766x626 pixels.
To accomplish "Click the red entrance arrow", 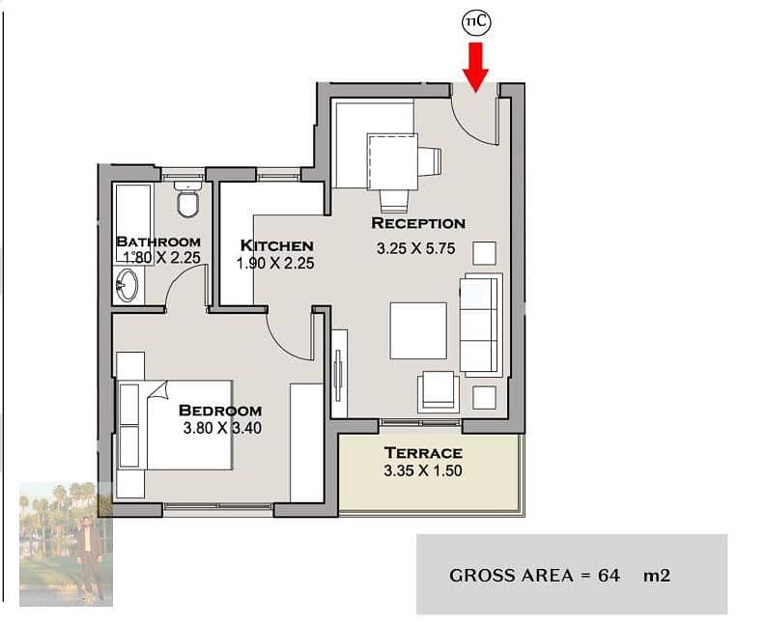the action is pyautogui.click(x=475, y=67).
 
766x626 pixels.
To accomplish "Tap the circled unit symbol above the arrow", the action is pyautogui.click(x=477, y=22).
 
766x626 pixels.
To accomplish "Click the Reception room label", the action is pyautogui.click(x=418, y=223).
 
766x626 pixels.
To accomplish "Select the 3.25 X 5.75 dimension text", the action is pyautogui.click(x=415, y=248).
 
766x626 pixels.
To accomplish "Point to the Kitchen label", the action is pyautogui.click(x=276, y=245).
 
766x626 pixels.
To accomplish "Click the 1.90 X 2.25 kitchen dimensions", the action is pyautogui.click(x=275, y=264).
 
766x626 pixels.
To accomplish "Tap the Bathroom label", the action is pyautogui.click(x=158, y=242).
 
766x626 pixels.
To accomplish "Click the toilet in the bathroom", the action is pyautogui.click(x=187, y=199).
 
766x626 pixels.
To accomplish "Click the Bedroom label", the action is pyautogui.click(x=220, y=411).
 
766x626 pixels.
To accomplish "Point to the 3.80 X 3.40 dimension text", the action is pyautogui.click(x=222, y=428).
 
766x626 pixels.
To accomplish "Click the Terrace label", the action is pyautogui.click(x=423, y=453).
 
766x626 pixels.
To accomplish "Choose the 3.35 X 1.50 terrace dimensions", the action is pyautogui.click(x=423, y=470).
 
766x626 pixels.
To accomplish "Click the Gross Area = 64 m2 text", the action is pyautogui.click(x=560, y=575).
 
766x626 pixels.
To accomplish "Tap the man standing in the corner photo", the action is pyautogui.click(x=89, y=556).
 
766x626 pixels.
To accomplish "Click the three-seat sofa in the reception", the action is pyautogui.click(x=481, y=325).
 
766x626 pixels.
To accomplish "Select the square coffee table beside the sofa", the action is pyautogui.click(x=418, y=330).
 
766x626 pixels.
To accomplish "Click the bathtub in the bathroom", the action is pyautogui.click(x=133, y=223).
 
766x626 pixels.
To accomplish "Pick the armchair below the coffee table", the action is pyautogui.click(x=439, y=391).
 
